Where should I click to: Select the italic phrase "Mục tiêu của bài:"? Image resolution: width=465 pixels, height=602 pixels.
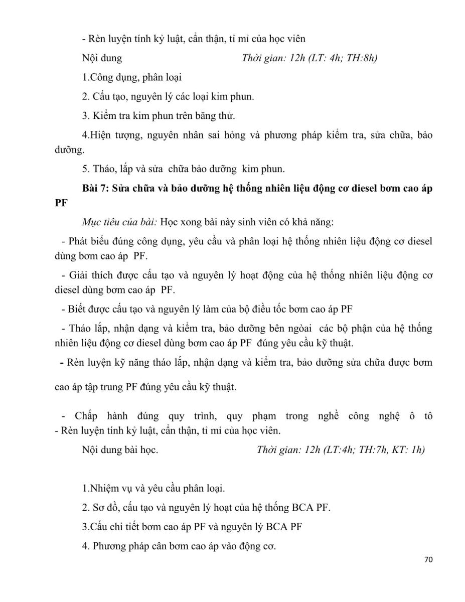115,222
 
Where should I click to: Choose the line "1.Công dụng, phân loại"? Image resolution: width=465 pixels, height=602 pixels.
132,77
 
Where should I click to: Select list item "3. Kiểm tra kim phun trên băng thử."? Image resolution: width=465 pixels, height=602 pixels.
159,115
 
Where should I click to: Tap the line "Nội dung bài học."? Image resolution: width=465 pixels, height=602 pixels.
120,449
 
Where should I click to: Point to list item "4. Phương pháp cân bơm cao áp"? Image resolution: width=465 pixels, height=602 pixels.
179,546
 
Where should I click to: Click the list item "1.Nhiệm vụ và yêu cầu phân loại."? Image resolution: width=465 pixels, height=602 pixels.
153,488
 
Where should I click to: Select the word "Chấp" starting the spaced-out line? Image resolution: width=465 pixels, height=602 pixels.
86,416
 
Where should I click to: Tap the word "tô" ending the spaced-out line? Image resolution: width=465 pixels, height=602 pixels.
428,416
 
